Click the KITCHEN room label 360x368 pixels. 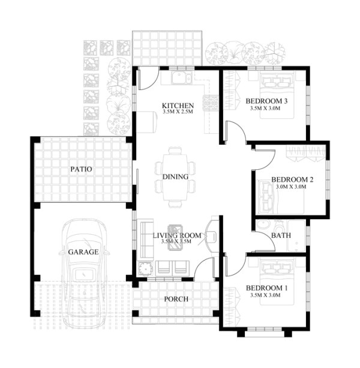tap(178, 106)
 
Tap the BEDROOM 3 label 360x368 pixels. tap(267, 101)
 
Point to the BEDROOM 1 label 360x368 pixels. tap(267, 288)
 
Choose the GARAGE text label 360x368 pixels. tap(82, 252)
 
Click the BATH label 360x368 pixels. tap(281, 235)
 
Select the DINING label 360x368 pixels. tap(175, 176)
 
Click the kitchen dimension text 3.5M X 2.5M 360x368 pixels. tap(178, 113)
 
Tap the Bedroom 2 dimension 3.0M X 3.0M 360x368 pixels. tap(292, 187)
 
